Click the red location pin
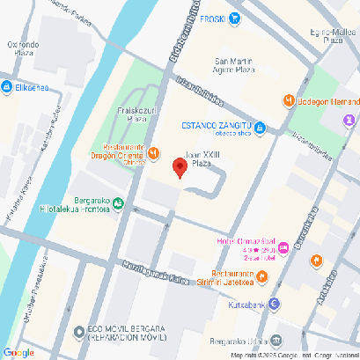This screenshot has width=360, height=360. point(180,166)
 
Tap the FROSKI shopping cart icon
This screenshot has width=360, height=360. point(234,18)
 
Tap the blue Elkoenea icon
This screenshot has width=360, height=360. point(6,87)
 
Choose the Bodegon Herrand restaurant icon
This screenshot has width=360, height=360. point(288,101)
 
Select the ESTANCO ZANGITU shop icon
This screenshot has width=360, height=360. point(272,129)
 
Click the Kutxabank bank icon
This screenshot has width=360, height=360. point(276,305)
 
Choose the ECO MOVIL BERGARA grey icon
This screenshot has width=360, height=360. point(80,333)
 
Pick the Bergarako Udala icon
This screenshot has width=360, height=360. point(276,340)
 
